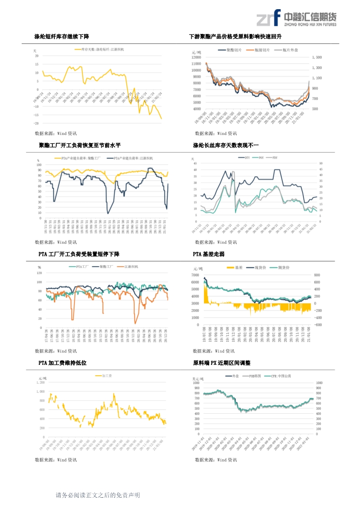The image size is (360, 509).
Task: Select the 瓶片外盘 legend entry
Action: pos(290,51)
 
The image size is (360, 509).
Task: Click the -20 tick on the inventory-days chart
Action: pos(37,123)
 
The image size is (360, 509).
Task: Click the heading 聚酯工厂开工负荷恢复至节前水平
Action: pos(79,145)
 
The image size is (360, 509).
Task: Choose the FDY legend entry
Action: pos(275,157)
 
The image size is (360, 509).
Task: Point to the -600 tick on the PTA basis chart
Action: pos(318,324)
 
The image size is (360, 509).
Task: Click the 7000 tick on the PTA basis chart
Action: pos(195,275)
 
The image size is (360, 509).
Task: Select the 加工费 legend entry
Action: pos(107,375)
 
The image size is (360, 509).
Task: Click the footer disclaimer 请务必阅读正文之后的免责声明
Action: pos(98,495)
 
